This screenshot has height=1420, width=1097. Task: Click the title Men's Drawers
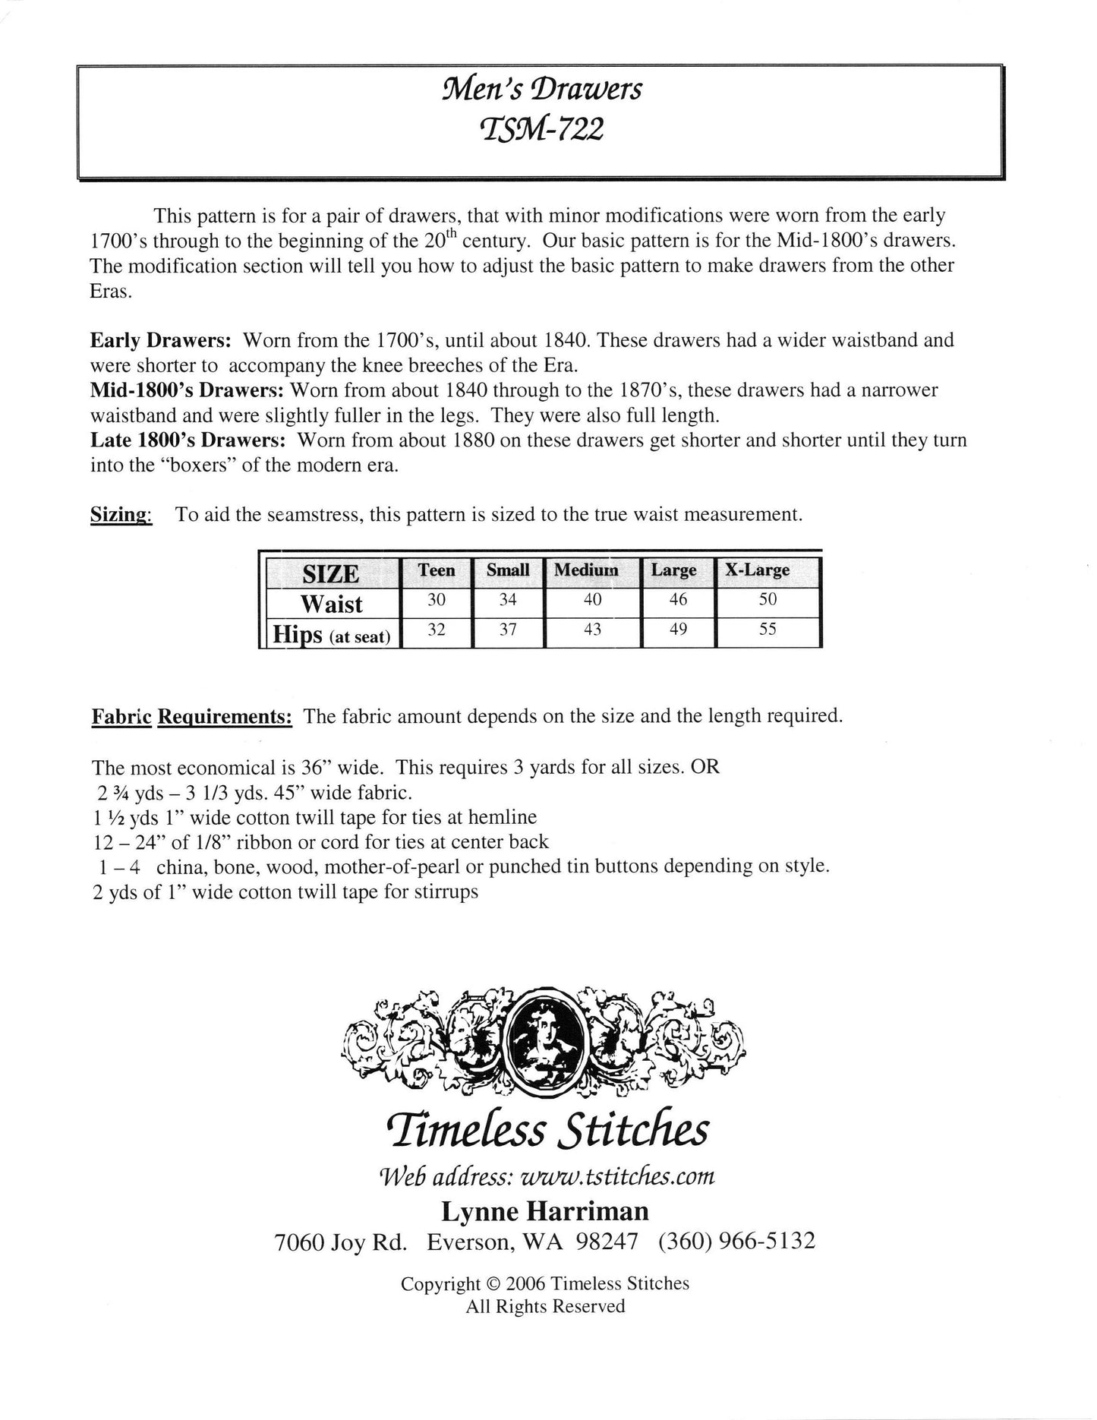point(542,90)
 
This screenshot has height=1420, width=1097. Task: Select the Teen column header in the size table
point(437,570)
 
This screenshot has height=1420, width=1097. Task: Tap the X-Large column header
point(757,570)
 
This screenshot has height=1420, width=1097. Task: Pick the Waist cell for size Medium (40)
point(593,600)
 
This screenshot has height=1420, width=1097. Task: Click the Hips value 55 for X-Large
point(768,630)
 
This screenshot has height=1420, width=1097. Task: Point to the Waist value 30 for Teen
point(437,600)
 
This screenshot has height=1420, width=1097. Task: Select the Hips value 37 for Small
point(508,630)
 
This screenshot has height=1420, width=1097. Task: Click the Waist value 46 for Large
point(678,600)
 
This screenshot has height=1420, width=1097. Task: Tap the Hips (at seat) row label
point(332,635)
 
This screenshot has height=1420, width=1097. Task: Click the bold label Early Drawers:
point(160,340)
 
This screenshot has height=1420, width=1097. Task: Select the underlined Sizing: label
point(121,515)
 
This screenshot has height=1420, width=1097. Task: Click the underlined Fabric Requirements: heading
point(192,717)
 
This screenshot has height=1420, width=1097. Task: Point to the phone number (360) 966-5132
point(736,1242)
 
